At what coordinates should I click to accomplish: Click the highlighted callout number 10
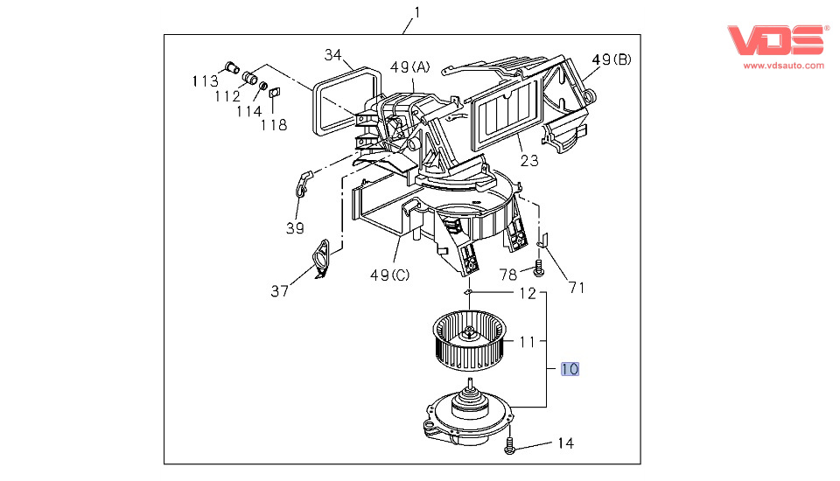(x=570, y=369)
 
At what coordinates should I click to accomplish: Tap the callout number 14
(x=565, y=443)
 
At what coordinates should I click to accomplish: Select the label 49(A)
(x=409, y=67)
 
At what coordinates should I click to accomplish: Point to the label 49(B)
(x=612, y=59)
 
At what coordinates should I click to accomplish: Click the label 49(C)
(x=390, y=275)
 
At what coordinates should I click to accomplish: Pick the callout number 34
(x=332, y=54)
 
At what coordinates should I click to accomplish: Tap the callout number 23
(x=529, y=161)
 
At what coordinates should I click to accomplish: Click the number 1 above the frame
(x=417, y=11)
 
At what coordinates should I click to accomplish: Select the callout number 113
(x=205, y=80)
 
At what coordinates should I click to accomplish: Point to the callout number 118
(x=274, y=125)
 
